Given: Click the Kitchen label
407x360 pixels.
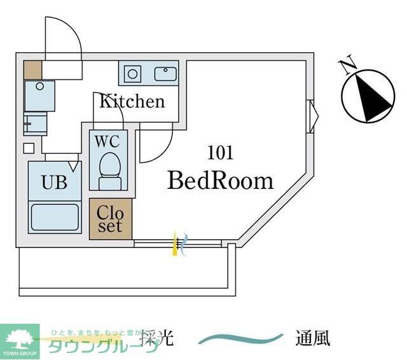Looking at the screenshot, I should pyautogui.click(x=132, y=101).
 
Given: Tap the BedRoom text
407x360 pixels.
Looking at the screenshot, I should pyautogui.click(x=220, y=181).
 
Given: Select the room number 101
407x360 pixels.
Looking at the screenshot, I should pyautogui.click(x=220, y=153).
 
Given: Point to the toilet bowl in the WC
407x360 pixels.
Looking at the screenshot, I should pyautogui.click(x=110, y=167).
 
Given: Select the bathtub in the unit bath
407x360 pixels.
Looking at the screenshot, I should pyautogui.click(x=55, y=216).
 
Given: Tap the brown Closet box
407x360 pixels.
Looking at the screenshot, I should pyautogui.click(x=111, y=219).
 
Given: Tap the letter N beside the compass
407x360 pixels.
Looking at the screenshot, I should pyautogui.click(x=347, y=65).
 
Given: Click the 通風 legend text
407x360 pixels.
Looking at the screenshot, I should pyautogui.click(x=312, y=338).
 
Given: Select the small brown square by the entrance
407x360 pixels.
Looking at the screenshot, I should pyautogui.click(x=32, y=69).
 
